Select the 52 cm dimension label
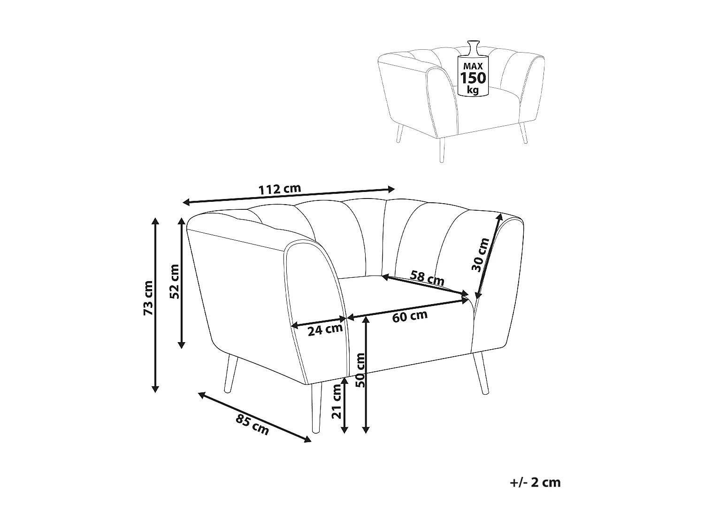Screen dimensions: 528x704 [174, 282]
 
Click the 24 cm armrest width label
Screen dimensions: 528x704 [325, 329]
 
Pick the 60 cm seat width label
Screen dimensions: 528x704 [410, 316]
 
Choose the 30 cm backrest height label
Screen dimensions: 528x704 [480, 255]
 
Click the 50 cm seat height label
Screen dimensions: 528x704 [360, 370]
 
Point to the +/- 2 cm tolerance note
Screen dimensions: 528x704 [535, 482]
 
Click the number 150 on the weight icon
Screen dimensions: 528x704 [473, 78]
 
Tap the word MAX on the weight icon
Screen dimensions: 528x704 [473, 66]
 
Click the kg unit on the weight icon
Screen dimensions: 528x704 [473, 89]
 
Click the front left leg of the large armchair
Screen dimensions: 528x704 [316, 407]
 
